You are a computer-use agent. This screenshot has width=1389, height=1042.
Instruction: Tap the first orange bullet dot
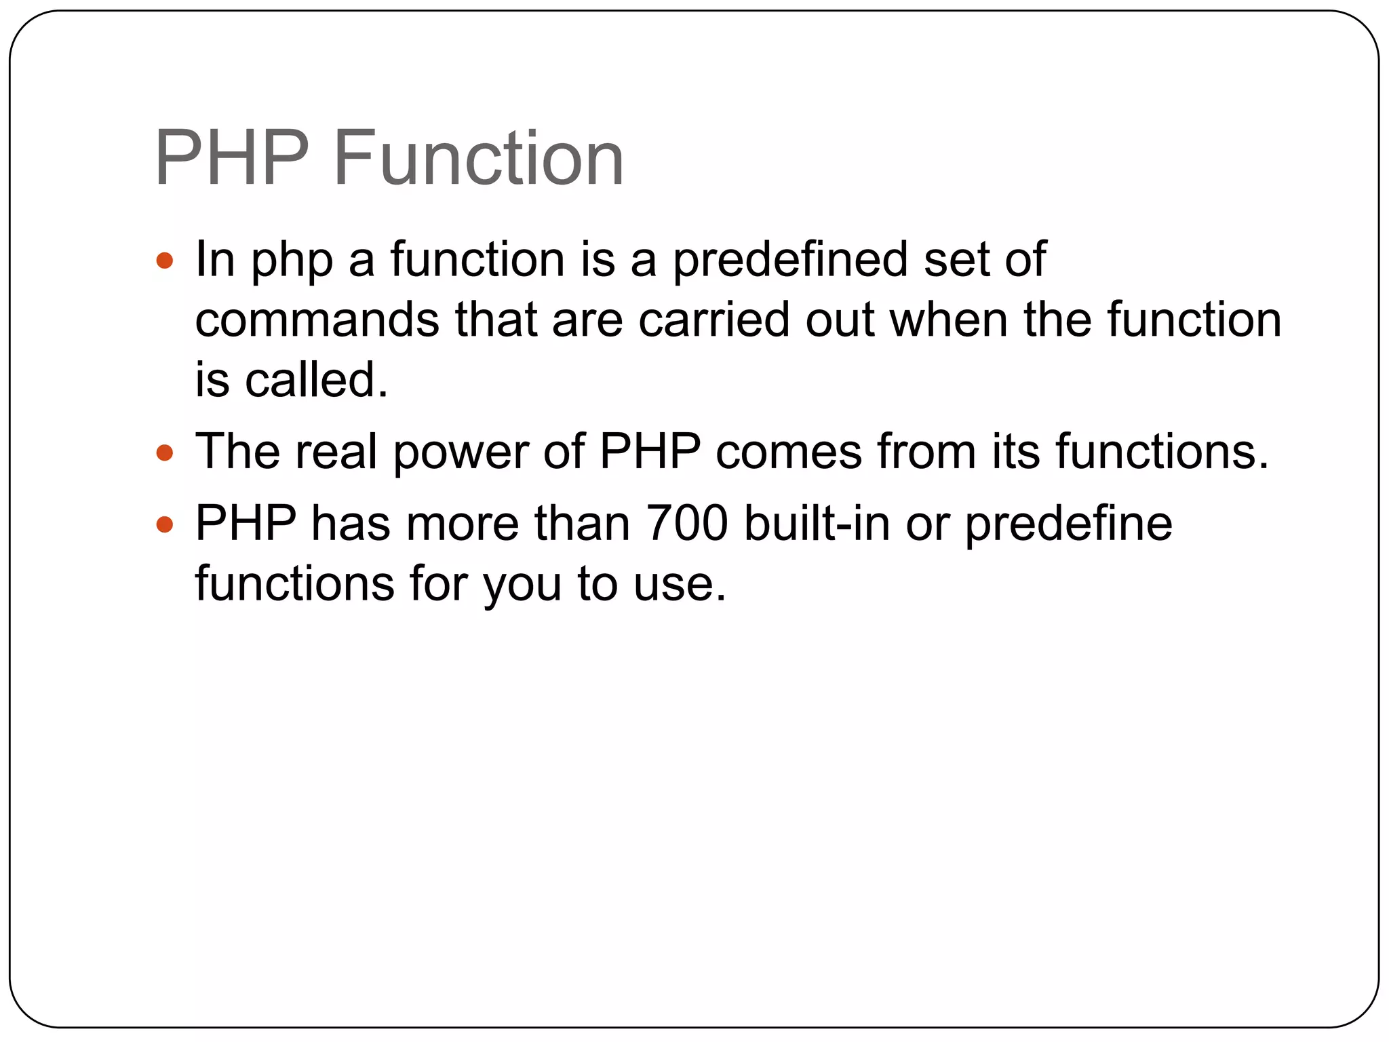(x=165, y=260)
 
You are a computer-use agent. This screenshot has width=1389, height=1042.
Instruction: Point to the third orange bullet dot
(x=165, y=524)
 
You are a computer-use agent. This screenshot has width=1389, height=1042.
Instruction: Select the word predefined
(x=790, y=260)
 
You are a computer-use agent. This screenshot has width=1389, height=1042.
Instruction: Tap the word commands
(x=317, y=320)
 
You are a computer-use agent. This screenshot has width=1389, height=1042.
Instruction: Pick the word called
(x=316, y=379)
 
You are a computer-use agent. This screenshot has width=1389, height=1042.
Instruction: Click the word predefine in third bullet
(x=1068, y=524)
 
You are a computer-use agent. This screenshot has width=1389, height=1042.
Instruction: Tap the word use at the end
(x=679, y=583)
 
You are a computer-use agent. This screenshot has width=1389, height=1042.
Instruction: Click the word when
(x=948, y=320)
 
